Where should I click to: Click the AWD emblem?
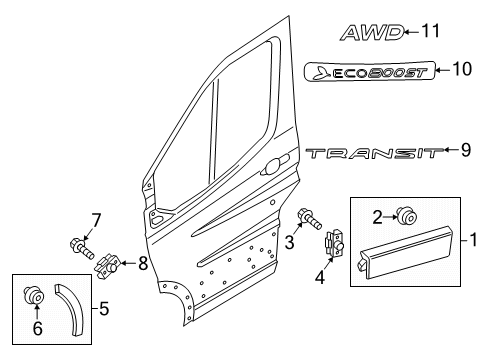(x=372, y=33)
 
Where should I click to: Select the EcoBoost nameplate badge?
(x=370, y=71)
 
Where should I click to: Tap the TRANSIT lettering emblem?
(x=375, y=153)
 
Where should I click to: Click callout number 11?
(x=431, y=31)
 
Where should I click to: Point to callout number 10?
(x=462, y=69)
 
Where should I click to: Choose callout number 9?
(x=466, y=150)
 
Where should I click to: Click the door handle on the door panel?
(x=274, y=165)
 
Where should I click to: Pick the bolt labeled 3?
(x=310, y=218)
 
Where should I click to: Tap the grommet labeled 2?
(x=407, y=215)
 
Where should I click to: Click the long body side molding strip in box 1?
(x=406, y=252)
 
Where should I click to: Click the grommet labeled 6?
(x=34, y=295)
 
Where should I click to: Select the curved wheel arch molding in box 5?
(x=68, y=309)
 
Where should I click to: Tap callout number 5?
(x=104, y=309)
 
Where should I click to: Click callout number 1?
(x=473, y=240)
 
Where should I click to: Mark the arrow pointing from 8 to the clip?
(x=128, y=263)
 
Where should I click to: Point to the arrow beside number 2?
(x=390, y=217)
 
